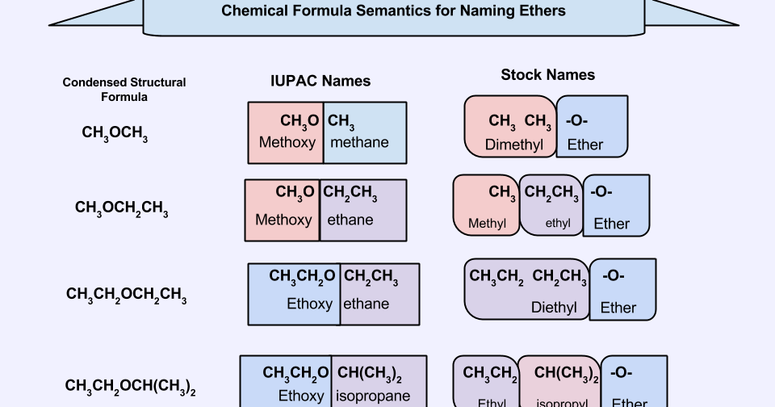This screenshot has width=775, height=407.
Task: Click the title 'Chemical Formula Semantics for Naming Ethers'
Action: (393, 11)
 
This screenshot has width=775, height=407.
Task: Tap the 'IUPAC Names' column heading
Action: (320, 81)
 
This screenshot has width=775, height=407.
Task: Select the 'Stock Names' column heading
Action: (547, 74)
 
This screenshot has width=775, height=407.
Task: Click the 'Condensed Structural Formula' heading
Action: (124, 89)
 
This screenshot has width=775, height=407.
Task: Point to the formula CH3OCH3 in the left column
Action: (115, 133)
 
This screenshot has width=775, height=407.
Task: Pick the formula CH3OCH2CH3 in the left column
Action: (121, 208)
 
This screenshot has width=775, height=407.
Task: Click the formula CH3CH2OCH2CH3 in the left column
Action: (126, 295)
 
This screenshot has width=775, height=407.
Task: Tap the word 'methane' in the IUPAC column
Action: (359, 142)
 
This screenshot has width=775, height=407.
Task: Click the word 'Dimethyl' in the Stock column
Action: (514, 145)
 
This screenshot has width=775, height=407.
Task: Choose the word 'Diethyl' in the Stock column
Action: (554, 308)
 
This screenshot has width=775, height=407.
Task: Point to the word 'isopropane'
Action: (374, 396)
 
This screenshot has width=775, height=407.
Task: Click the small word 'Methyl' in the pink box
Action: (488, 224)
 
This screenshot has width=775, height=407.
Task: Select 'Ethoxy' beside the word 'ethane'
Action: (309, 304)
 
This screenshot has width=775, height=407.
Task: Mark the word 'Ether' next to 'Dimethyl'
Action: (585, 145)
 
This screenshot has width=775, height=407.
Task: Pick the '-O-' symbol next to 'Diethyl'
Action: (614, 276)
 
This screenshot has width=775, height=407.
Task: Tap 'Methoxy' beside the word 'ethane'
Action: (283, 220)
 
